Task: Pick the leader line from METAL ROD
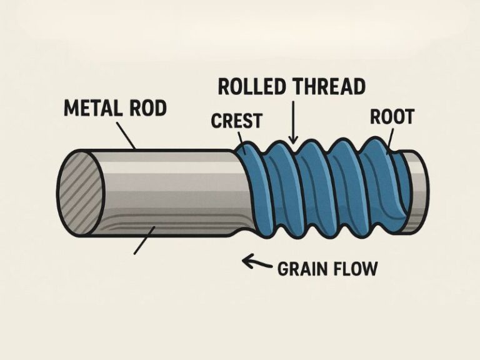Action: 126,136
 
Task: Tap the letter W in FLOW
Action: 369,269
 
